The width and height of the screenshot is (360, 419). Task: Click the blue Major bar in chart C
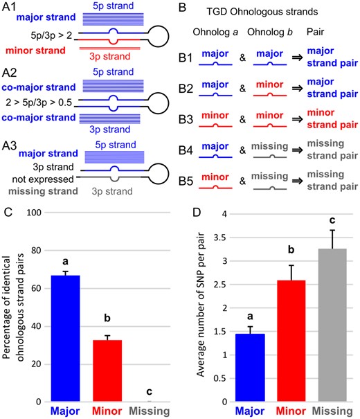66,338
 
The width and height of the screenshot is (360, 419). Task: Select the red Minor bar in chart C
107,371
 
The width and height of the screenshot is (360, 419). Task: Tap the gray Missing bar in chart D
332,325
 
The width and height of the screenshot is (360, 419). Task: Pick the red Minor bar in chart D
291,341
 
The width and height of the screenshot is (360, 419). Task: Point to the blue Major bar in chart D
250,368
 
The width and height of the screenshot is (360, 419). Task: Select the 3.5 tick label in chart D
220,238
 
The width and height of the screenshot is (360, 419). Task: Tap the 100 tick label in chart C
34,213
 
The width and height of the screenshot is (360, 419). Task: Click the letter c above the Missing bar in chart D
332,220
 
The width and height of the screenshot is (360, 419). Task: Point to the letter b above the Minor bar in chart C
107,318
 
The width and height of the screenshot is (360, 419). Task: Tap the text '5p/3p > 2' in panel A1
51,35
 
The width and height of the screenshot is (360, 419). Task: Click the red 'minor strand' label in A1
35,51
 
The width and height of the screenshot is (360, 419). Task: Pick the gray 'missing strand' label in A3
43,191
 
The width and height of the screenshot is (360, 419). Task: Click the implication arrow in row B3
297,119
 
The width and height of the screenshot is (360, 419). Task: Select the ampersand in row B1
242,57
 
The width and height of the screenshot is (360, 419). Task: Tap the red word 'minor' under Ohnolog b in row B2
269,84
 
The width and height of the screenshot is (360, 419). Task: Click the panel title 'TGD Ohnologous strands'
262,12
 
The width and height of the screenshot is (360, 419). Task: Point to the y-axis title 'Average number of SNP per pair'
201,304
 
